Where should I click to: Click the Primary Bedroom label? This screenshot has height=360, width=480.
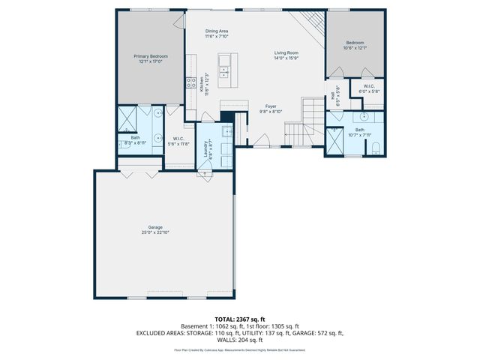pos(151,56)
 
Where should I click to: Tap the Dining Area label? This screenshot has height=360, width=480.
pos(217,31)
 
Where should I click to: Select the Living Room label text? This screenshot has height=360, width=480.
pos(286,53)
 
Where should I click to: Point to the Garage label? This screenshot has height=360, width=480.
pos(155,226)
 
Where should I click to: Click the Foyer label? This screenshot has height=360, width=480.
pos(271,106)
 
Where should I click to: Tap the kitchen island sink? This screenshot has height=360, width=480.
pos(224,73)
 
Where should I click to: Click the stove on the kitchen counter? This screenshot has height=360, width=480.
pos(191,85)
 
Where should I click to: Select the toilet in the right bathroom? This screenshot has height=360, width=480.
pos(376,146)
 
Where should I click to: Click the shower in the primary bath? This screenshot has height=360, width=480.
pos(125,117)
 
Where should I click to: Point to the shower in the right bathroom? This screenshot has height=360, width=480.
pos(334,140)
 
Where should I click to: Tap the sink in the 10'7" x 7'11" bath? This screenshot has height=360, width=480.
pos(364,117)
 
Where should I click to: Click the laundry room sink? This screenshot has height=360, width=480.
pos(229,127)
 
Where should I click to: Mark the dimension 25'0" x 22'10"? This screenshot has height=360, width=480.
pos(155,232)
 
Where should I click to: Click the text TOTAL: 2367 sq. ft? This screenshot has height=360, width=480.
pos(240,319)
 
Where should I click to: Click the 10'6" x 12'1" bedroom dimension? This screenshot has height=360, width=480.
pos(355,48)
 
